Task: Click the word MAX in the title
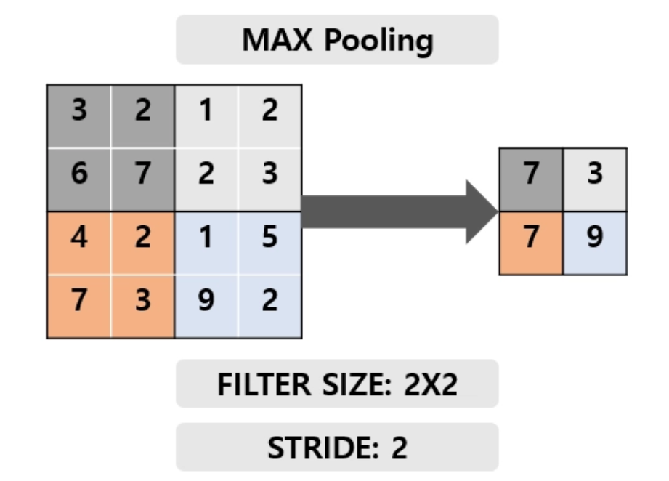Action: [277, 40]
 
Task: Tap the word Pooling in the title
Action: [379, 41]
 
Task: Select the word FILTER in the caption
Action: [264, 384]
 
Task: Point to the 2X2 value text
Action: [430, 384]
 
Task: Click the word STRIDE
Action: [323, 448]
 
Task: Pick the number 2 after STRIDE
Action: [399, 448]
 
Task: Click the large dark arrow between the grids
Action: [400, 211]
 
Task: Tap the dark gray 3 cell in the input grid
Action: [79, 116]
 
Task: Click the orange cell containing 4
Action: [79, 243]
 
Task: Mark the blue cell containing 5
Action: [270, 243]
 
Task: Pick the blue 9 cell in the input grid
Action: [206, 307]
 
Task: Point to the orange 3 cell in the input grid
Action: [142, 307]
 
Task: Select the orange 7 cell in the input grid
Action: [79, 307]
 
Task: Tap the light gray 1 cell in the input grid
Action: [206, 116]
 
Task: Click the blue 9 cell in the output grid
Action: [595, 243]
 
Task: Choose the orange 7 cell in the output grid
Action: [531, 243]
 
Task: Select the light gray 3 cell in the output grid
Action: [595, 179]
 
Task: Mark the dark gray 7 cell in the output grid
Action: [531, 179]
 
